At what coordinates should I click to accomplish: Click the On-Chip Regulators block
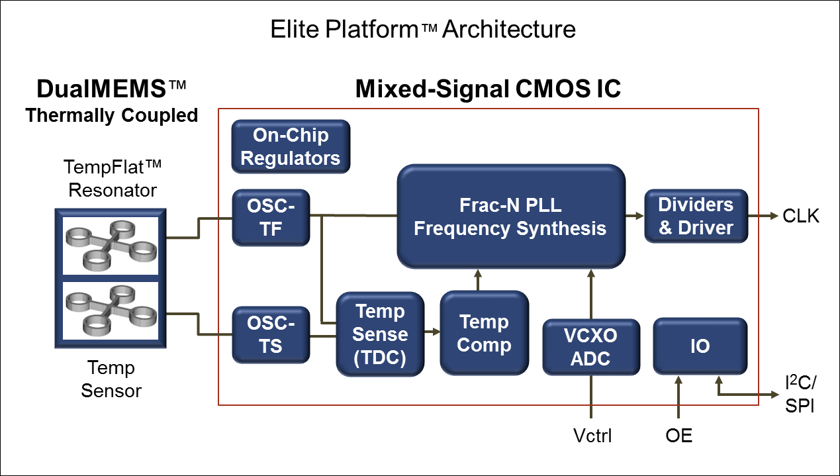pyautogui.click(x=291, y=147)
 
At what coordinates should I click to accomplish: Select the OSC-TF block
pyautogui.click(x=271, y=218)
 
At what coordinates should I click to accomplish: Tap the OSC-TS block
pyautogui.click(x=271, y=334)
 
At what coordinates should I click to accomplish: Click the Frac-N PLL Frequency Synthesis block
pyautogui.click(x=511, y=216)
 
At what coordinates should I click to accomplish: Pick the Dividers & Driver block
pyautogui.click(x=696, y=216)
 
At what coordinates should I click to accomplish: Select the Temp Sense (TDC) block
pyautogui.click(x=380, y=334)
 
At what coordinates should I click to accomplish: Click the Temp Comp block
pyautogui.click(x=484, y=333)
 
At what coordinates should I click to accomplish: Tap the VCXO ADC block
pyautogui.click(x=591, y=347)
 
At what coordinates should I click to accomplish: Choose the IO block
pyautogui.click(x=700, y=346)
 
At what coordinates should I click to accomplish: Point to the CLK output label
pyautogui.click(x=801, y=216)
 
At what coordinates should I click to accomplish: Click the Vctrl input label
pyautogui.click(x=592, y=436)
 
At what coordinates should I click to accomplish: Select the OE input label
pyautogui.click(x=678, y=436)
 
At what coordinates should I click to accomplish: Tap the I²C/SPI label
pyautogui.click(x=800, y=394)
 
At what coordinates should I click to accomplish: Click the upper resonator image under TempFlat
pyautogui.click(x=111, y=246)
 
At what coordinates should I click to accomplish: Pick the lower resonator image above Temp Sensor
pyautogui.click(x=111, y=310)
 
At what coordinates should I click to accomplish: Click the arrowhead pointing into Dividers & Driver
pyautogui.click(x=639, y=216)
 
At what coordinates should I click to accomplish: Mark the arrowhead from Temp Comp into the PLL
pyautogui.click(x=478, y=274)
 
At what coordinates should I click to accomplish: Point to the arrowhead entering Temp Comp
pyautogui.click(x=436, y=332)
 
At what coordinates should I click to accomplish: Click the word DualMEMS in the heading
pyautogui.click(x=101, y=89)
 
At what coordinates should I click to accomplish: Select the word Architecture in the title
pyautogui.click(x=509, y=29)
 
